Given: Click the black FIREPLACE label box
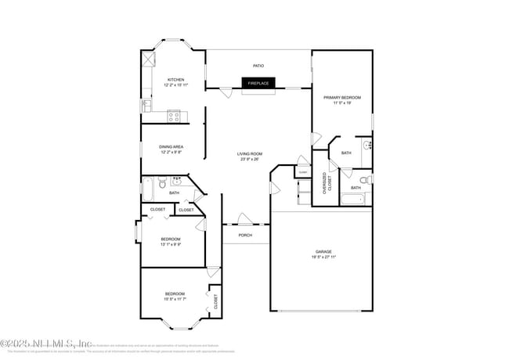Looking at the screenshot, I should (258, 82).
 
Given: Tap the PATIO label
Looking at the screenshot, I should (258, 66).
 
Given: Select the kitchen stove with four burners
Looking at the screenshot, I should (175, 117).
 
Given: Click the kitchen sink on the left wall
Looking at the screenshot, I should (146, 105).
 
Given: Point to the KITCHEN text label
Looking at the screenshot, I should (175, 80).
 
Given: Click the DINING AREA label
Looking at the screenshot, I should (171, 146).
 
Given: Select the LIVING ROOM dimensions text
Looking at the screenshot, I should (250, 159).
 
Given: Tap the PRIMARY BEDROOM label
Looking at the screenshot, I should (342, 97).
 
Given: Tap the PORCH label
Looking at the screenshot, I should (245, 235).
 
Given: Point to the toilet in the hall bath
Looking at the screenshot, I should (160, 185).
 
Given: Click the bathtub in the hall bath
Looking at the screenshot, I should (146, 188).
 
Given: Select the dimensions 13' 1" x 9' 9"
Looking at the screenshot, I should (171, 244).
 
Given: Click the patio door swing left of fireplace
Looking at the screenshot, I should (226, 92).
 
